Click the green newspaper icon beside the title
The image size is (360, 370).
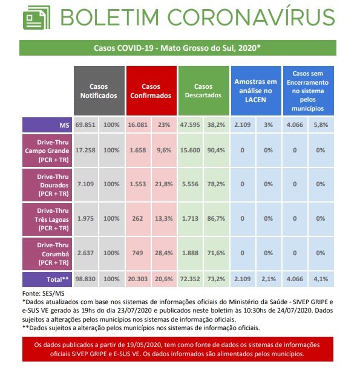coord(37,18)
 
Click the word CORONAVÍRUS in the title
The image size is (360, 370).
coord(251,16)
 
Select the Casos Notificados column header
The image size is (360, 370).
coord(99,91)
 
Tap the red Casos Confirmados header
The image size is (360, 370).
coord(151,91)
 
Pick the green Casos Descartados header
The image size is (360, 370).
coord(204,91)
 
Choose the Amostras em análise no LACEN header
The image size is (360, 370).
coord(256,91)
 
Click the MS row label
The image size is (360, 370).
coord(47,125)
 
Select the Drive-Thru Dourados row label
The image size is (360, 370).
coord(47,185)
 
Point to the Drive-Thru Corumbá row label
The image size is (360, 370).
coord(47,254)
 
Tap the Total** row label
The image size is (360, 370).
coord(47,279)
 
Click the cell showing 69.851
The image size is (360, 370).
coord(85,125)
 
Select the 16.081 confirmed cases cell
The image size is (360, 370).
coord(138,125)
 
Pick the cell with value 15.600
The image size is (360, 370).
coord(190,151)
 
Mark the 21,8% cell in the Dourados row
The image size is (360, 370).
coord(164,184)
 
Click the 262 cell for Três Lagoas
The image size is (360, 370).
coord(138,218)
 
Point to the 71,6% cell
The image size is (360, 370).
coord(217,253)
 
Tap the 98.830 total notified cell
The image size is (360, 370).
coord(85,279)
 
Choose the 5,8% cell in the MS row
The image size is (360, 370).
coord(321,125)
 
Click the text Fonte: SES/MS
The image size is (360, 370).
coord(43,294)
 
